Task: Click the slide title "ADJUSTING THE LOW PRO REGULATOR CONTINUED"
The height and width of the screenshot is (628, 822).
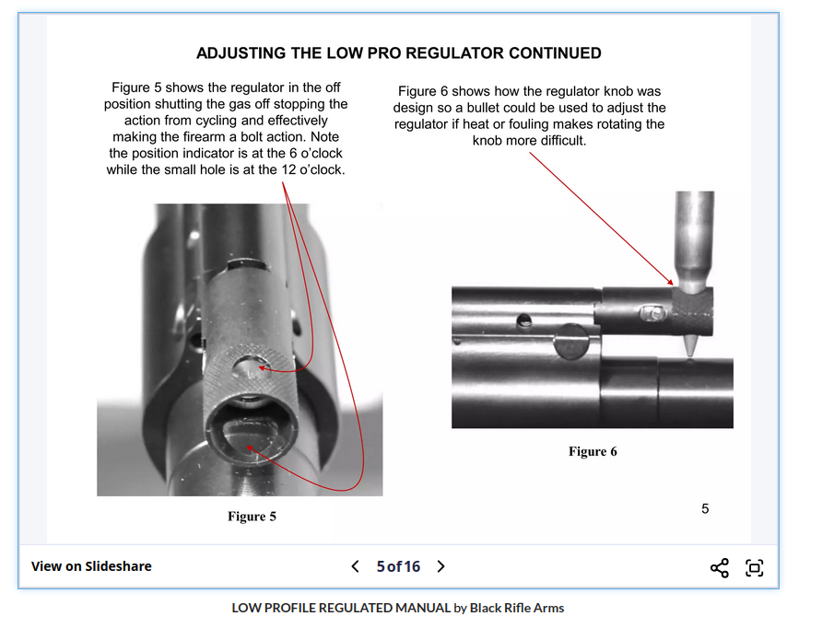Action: [398, 53]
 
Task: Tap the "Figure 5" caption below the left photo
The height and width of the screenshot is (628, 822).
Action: [252, 517]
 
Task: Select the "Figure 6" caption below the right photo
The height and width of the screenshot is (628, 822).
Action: [593, 451]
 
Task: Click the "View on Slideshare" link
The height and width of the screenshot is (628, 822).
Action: [91, 566]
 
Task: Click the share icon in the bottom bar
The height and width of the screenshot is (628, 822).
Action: [720, 567]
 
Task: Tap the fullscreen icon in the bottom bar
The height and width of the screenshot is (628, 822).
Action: [754, 567]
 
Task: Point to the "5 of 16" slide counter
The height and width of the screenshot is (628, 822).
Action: [398, 566]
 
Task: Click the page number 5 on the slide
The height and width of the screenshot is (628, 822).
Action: [705, 508]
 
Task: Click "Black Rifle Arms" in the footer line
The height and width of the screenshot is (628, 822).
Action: [516, 608]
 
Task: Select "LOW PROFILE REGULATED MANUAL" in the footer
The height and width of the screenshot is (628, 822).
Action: [340, 608]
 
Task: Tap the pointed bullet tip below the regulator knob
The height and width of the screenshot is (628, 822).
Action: [689, 347]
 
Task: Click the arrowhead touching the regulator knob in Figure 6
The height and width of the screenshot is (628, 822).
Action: [673, 282]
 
